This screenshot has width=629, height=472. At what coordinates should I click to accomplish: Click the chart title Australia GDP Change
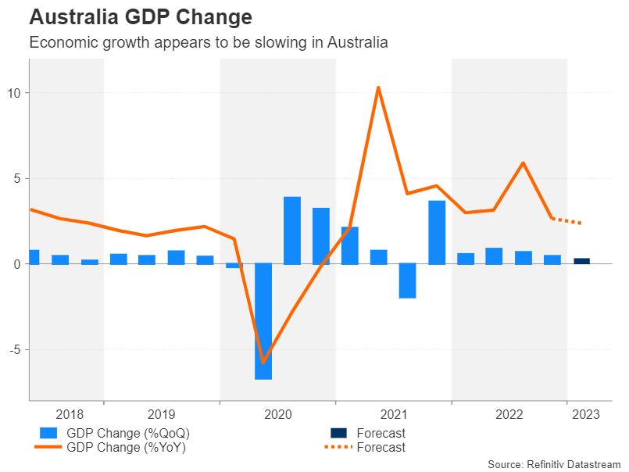pyautogui.click(x=141, y=17)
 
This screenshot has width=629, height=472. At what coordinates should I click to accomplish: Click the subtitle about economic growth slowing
pyautogui.click(x=209, y=43)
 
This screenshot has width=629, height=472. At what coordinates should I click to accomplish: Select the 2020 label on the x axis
pyautogui.click(x=277, y=413)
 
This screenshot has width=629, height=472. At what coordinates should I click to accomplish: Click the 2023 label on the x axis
pyautogui.click(x=587, y=413)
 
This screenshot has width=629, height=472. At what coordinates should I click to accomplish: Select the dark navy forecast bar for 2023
pyautogui.click(x=582, y=261)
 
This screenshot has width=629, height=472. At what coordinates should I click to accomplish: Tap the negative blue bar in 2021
pyautogui.click(x=407, y=281)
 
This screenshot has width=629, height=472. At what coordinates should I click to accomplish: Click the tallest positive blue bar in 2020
pyautogui.click(x=292, y=231)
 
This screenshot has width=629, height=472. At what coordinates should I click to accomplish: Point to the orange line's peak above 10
pyautogui.click(x=378, y=88)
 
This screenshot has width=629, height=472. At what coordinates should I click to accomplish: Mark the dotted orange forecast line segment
pyautogui.click(x=567, y=221)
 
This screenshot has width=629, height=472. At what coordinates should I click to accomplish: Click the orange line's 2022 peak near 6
pyautogui.click(x=523, y=163)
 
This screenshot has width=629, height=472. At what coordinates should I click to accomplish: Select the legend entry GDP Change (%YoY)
pyautogui.click(x=127, y=448)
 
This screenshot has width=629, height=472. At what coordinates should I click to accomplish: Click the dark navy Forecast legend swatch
pyautogui.click(x=338, y=433)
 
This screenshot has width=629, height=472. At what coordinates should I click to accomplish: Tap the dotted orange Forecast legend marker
pyautogui.click(x=338, y=448)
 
